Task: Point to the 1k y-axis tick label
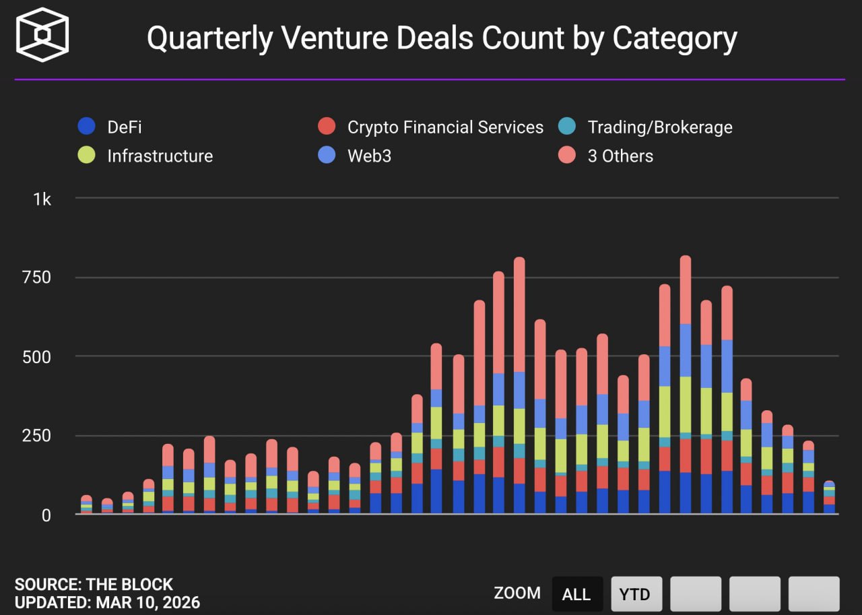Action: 42,199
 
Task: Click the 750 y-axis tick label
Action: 36,278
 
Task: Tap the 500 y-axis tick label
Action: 36,356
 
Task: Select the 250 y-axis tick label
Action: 36,436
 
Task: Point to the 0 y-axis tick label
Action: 46,515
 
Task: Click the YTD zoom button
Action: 636,593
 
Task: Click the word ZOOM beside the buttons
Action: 517,593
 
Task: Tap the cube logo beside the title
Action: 42,35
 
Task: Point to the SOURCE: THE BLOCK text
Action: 94,584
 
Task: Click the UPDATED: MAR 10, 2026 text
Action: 107,602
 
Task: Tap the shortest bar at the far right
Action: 829,498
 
